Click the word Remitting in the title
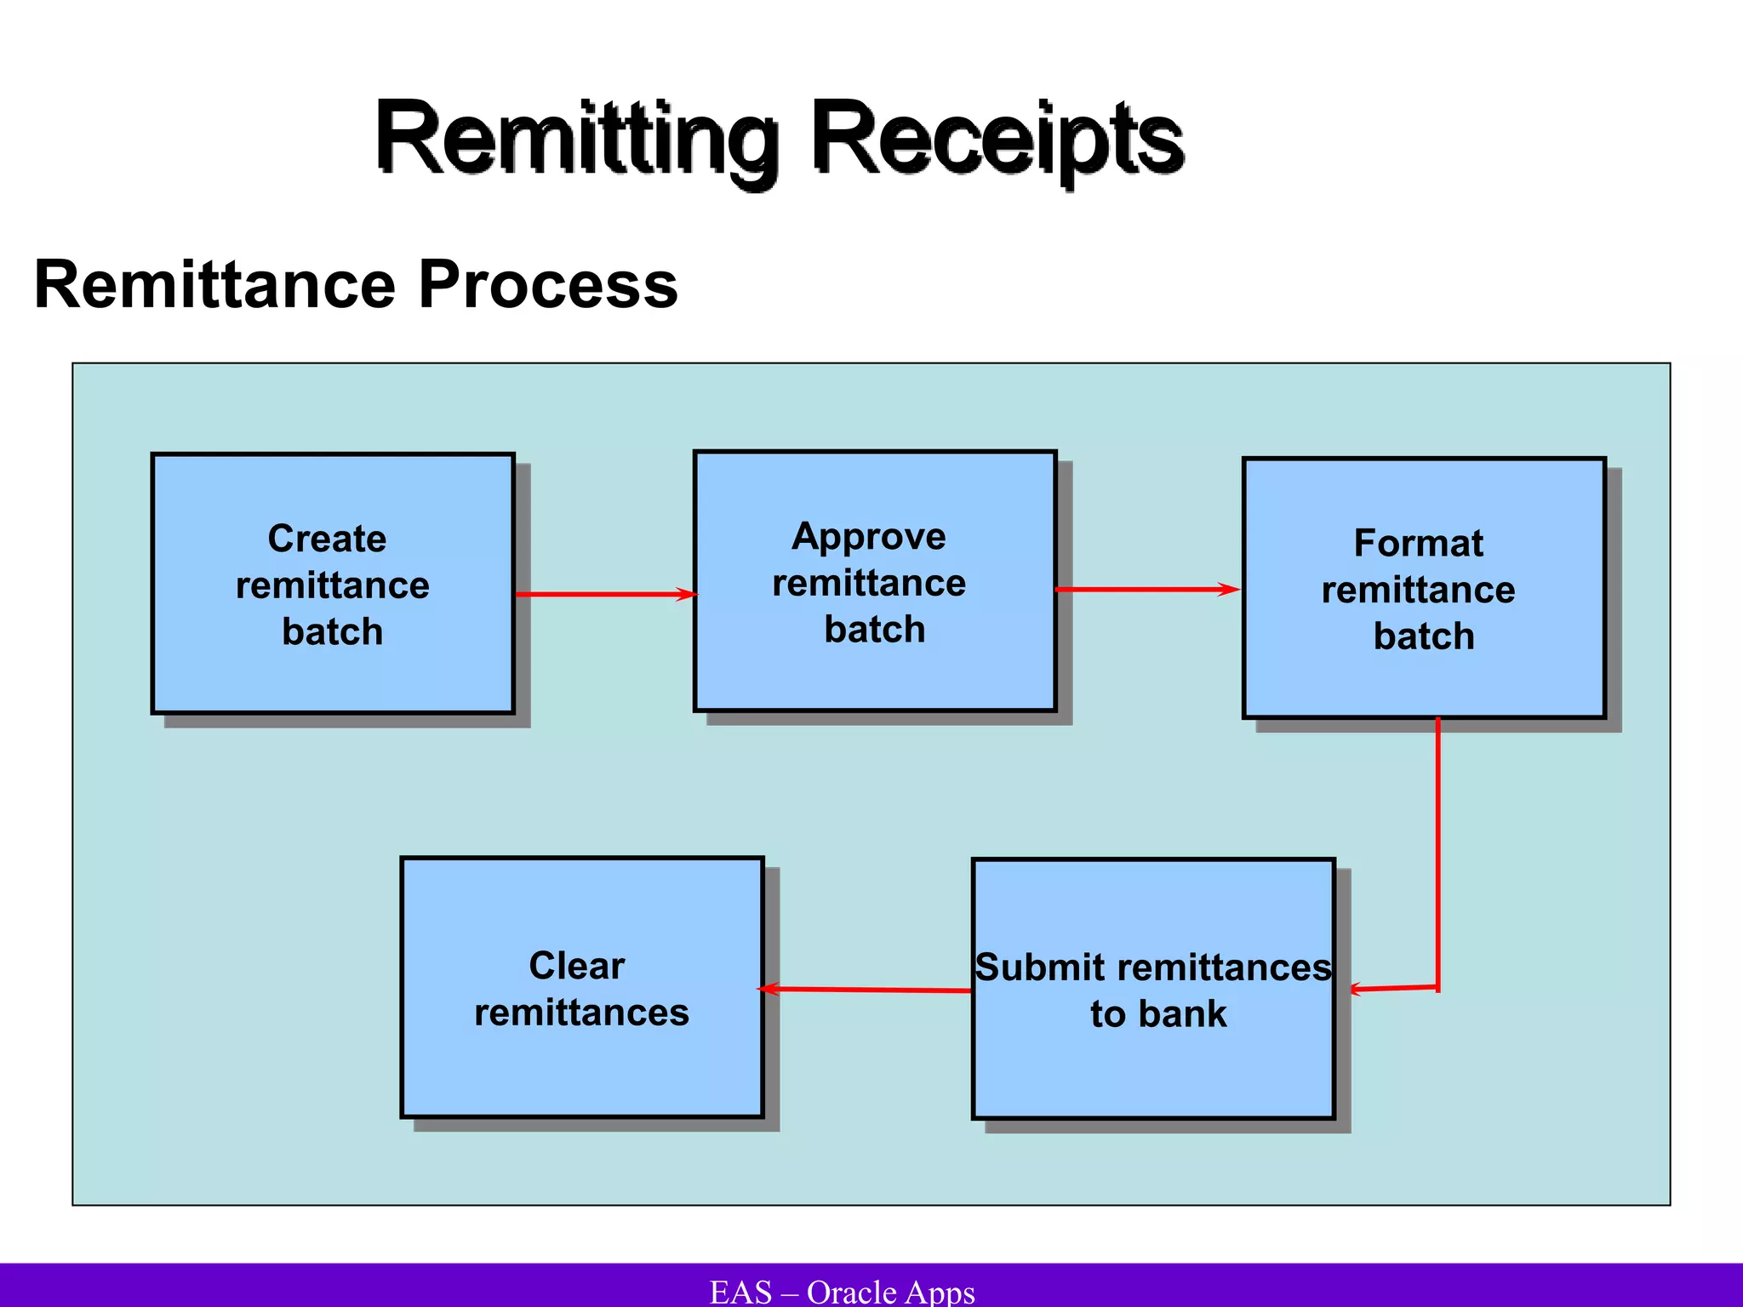click(x=575, y=138)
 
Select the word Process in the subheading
click(x=548, y=284)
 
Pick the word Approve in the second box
click(x=868, y=537)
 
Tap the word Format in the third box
click(x=1418, y=543)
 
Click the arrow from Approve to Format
click(x=1147, y=589)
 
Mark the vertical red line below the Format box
click(x=1438, y=851)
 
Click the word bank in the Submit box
click(x=1182, y=1014)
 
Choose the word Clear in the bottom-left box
click(x=576, y=966)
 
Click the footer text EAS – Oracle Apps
click(x=842, y=1292)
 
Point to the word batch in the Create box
click(x=333, y=632)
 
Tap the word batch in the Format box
click(x=1424, y=636)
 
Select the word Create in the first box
click(x=327, y=539)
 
